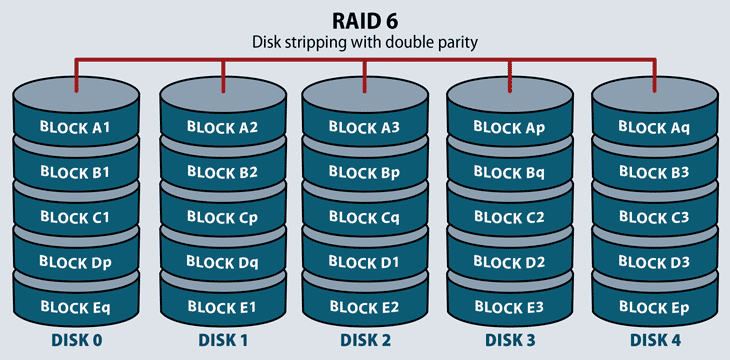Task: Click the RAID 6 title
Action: [x=364, y=20]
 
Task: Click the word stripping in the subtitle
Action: [x=331, y=42]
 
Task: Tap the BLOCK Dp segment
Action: [x=74, y=261]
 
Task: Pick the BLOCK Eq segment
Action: [x=74, y=305]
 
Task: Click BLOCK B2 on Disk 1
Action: [x=222, y=171]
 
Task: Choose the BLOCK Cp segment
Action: [x=222, y=216]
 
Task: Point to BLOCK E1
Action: [x=222, y=305]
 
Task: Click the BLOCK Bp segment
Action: [x=364, y=171]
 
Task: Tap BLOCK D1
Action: [x=364, y=261]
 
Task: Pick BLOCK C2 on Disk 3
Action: [x=508, y=216]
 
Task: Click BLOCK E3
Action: [x=508, y=305]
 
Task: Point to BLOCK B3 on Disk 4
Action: [x=654, y=171]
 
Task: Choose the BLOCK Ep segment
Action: [x=654, y=305]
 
